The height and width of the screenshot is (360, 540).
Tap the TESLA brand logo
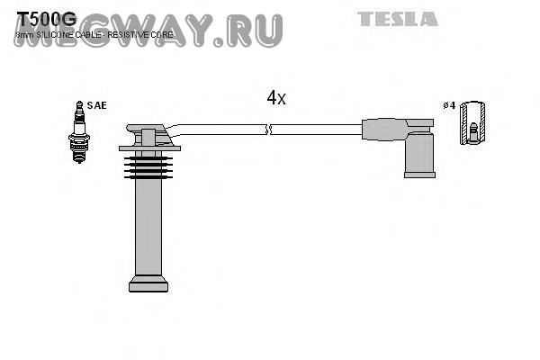[x=398, y=19]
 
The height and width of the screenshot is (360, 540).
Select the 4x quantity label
[x=276, y=98]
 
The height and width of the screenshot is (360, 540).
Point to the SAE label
[x=96, y=105]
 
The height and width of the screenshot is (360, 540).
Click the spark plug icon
[x=79, y=132]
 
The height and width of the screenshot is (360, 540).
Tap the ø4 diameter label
[x=449, y=105]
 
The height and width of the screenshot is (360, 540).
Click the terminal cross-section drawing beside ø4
[x=472, y=123]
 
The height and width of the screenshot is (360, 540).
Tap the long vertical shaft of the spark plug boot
[x=148, y=225]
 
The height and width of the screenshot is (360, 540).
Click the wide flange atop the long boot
[x=149, y=148]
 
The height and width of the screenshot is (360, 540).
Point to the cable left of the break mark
[x=216, y=130]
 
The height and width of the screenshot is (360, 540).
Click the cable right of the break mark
[x=315, y=130]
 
